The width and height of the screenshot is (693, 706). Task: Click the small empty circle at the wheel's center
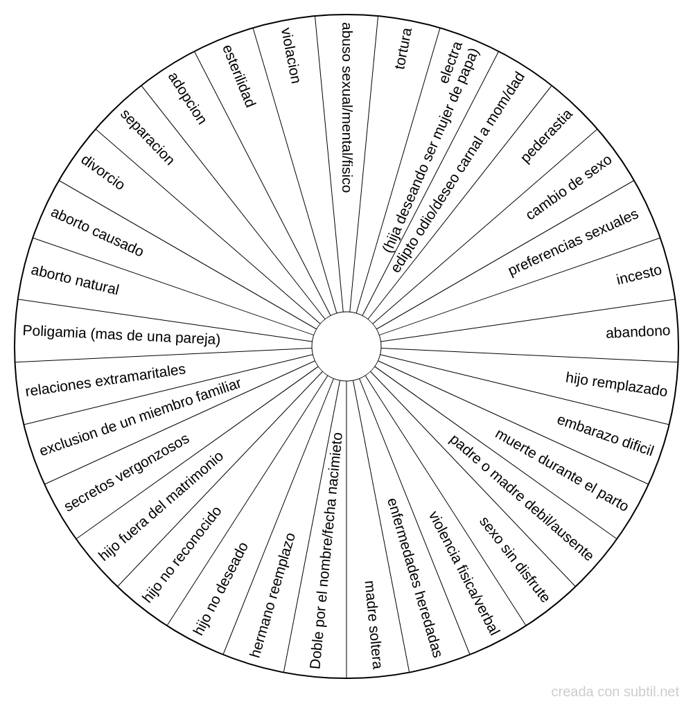(x=346, y=346)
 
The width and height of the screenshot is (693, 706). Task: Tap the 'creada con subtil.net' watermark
(x=615, y=691)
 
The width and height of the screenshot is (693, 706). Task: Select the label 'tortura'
(x=403, y=48)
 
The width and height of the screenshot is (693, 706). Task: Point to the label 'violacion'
(x=290, y=56)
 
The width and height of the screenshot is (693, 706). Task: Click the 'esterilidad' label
(x=239, y=76)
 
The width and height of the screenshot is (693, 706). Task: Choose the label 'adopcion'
(x=187, y=98)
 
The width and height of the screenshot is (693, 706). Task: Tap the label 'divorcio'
(x=102, y=173)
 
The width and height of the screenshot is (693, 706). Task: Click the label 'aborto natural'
(x=75, y=280)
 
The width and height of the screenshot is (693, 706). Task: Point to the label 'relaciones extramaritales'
(x=105, y=380)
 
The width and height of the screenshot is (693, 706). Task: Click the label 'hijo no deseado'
(x=220, y=589)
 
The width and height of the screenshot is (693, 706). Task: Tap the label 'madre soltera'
(x=373, y=624)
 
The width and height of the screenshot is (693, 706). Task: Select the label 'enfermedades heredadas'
(x=414, y=578)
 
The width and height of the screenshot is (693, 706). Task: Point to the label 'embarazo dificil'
(x=606, y=435)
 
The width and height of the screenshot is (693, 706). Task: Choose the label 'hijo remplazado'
(x=617, y=384)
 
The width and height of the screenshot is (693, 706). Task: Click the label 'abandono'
(x=638, y=332)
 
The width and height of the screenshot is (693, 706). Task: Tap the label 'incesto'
(x=639, y=275)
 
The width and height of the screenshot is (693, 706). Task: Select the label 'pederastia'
(x=547, y=136)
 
